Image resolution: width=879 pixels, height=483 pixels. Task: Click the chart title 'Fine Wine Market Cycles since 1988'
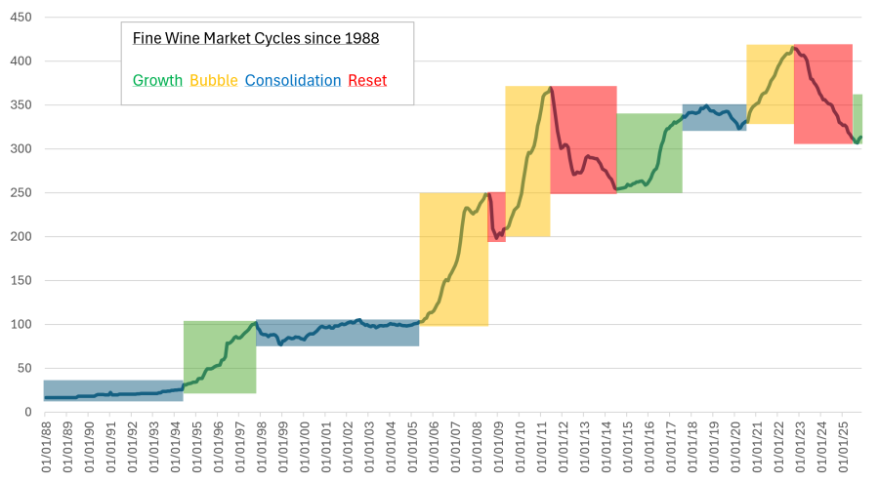pyautogui.click(x=256, y=38)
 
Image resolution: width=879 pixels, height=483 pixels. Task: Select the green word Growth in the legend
pyautogui.click(x=157, y=80)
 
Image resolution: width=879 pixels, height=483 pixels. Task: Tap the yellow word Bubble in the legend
pyautogui.click(x=214, y=80)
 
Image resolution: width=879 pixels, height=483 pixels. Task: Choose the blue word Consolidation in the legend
pyautogui.click(x=293, y=80)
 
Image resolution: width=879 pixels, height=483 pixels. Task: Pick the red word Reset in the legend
pyautogui.click(x=367, y=80)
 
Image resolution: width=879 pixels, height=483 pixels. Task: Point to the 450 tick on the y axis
pyautogui.click(x=20, y=18)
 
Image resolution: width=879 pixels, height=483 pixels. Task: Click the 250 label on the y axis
pyautogui.click(x=20, y=193)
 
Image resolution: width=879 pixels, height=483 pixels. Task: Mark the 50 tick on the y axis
pyautogui.click(x=23, y=369)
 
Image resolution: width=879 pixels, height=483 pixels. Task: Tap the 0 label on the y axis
pyautogui.click(x=27, y=413)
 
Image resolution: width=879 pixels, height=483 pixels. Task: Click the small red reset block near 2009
pyautogui.click(x=497, y=217)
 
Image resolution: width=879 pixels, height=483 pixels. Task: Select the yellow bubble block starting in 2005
pyautogui.click(x=453, y=259)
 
